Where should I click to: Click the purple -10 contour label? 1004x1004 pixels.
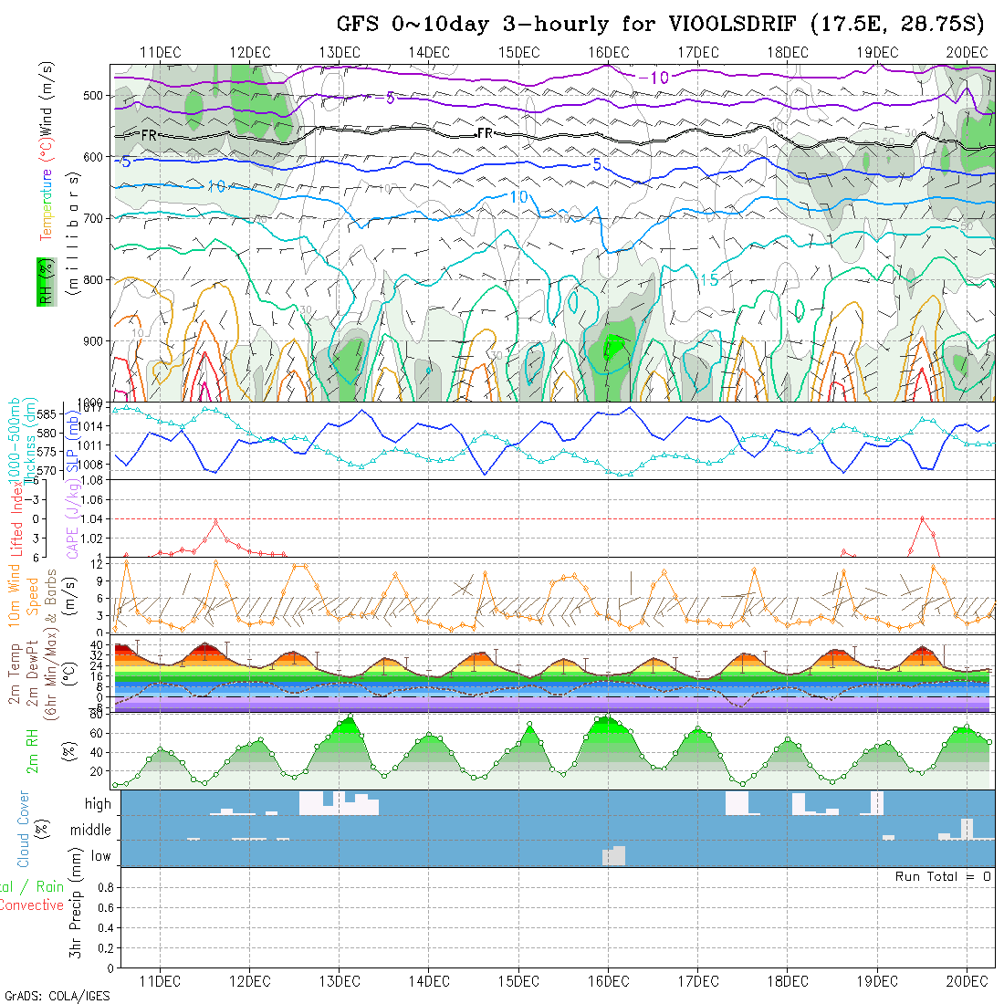pyautogui.click(x=653, y=78)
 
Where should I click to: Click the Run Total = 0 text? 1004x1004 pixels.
pyautogui.click(x=943, y=876)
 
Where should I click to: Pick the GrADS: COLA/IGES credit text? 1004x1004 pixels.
pyautogui.click(x=57, y=995)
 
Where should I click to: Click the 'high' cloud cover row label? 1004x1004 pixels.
pyautogui.click(x=98, y=804)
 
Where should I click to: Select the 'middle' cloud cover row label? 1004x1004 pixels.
pyautogui.click(x=91, y=831)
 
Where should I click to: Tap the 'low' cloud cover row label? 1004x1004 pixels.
pyautogui.click(x=100, y=856)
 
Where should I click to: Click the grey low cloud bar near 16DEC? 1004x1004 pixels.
pyautogui.click(x=614, y=856)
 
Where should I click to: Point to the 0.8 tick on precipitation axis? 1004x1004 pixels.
pyautogui.click(x=103, y=887)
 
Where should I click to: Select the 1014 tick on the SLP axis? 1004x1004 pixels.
pyautogui.click(x=95, y=425)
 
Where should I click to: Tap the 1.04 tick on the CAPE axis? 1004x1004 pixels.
pyautogui.click(x=91, y=518)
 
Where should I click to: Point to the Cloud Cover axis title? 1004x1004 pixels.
pyautogui.click(x=24, y=829)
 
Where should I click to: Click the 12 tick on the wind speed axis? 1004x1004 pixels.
pyautogui.click(x=104, y=564)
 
